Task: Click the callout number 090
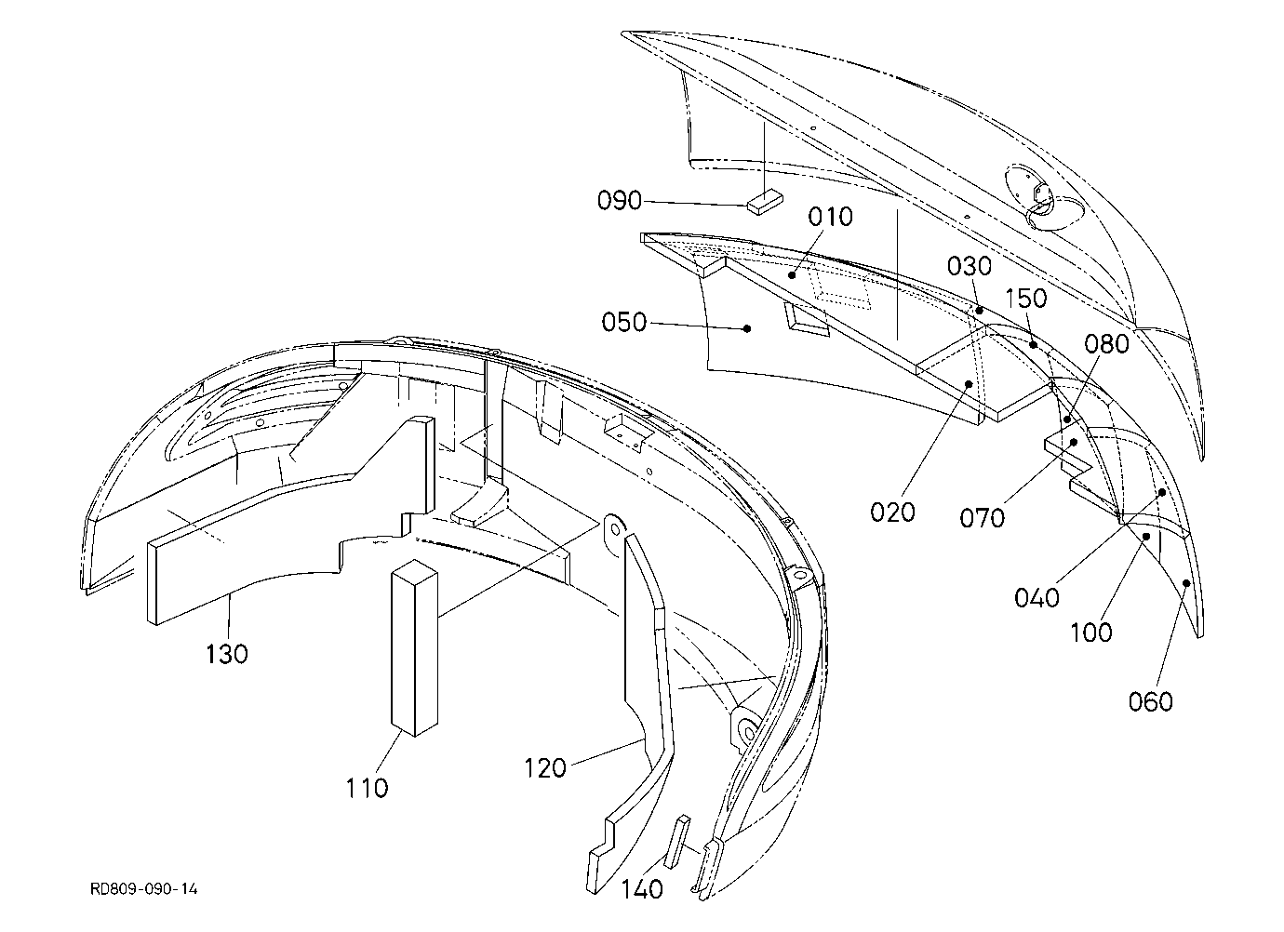click(x=619, y=201)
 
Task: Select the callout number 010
click(x=831, y=217)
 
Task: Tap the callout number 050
click(x=623, y=322)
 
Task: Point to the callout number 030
click(x=970, y=267)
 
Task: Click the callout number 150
click(x=1026, y=298)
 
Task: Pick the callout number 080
click(x=1106, y=344)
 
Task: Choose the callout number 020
click(x=892, y=512)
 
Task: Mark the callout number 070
click(x=982, y=518)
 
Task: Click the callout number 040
click(x=1037, y=598)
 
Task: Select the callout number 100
click(x=1090, y=632)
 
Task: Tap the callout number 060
click(x=1150, y=701)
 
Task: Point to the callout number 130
click(x=227, y=654)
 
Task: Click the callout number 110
click(x=367, y=788)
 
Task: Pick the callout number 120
click(x=545, y=768)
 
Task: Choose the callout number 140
click(x=642, y=889)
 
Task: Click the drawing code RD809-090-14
click(x=144, y=889)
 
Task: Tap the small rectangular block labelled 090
click(x=765, y=203)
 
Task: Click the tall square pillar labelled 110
click(x=414, y=648)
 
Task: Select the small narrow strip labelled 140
click(x=677, y=842)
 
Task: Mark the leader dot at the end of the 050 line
click(x=747, y=328)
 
